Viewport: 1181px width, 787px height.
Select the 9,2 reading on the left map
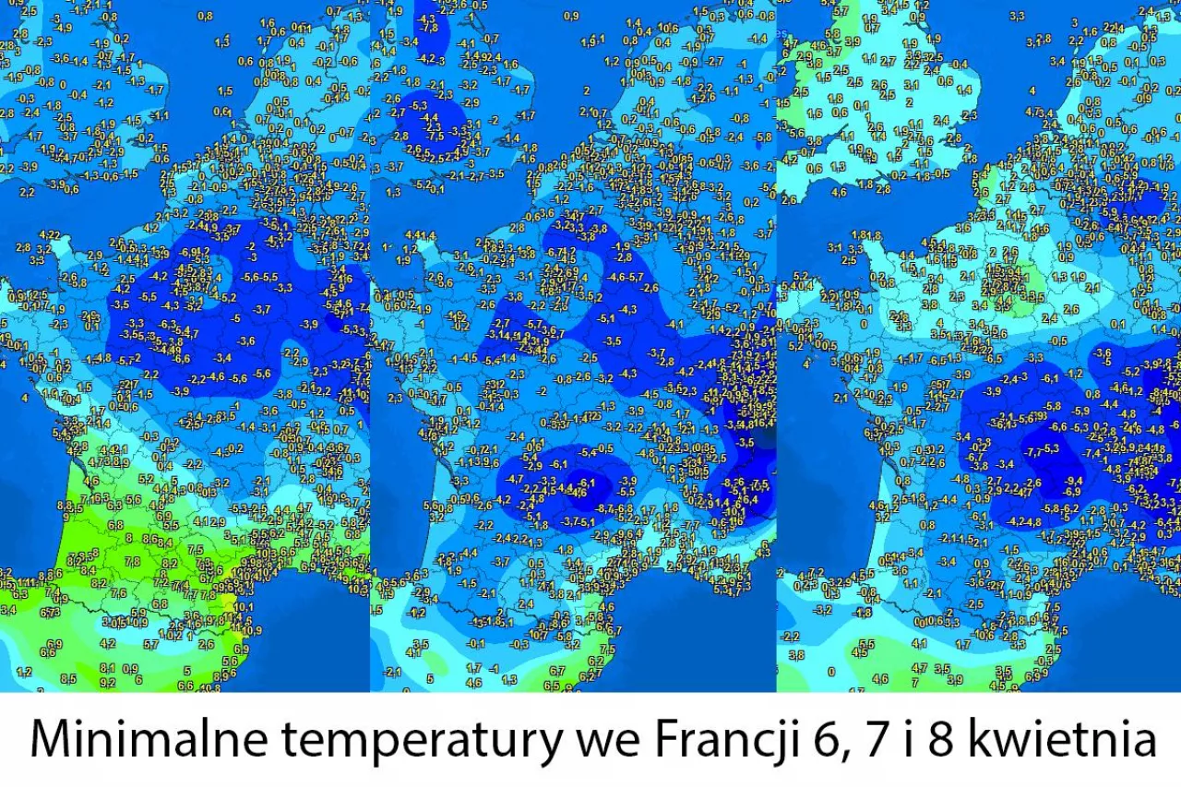point(107,683)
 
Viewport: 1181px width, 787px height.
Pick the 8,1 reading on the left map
point(107,668)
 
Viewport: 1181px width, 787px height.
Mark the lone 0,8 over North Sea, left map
point(205,16)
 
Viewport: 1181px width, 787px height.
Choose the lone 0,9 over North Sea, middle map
point(571,16)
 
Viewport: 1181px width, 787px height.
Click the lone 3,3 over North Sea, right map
point(1018,16)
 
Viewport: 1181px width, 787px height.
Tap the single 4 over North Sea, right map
point(1032,90)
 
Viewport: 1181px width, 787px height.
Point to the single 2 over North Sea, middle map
point(587,90)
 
